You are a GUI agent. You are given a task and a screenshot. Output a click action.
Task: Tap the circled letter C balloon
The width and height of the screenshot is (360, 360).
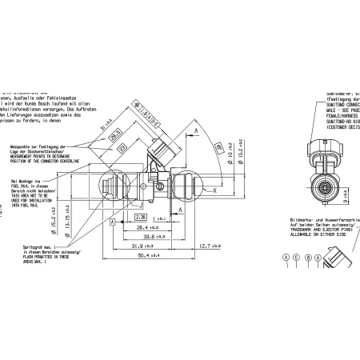pos(296,257)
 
